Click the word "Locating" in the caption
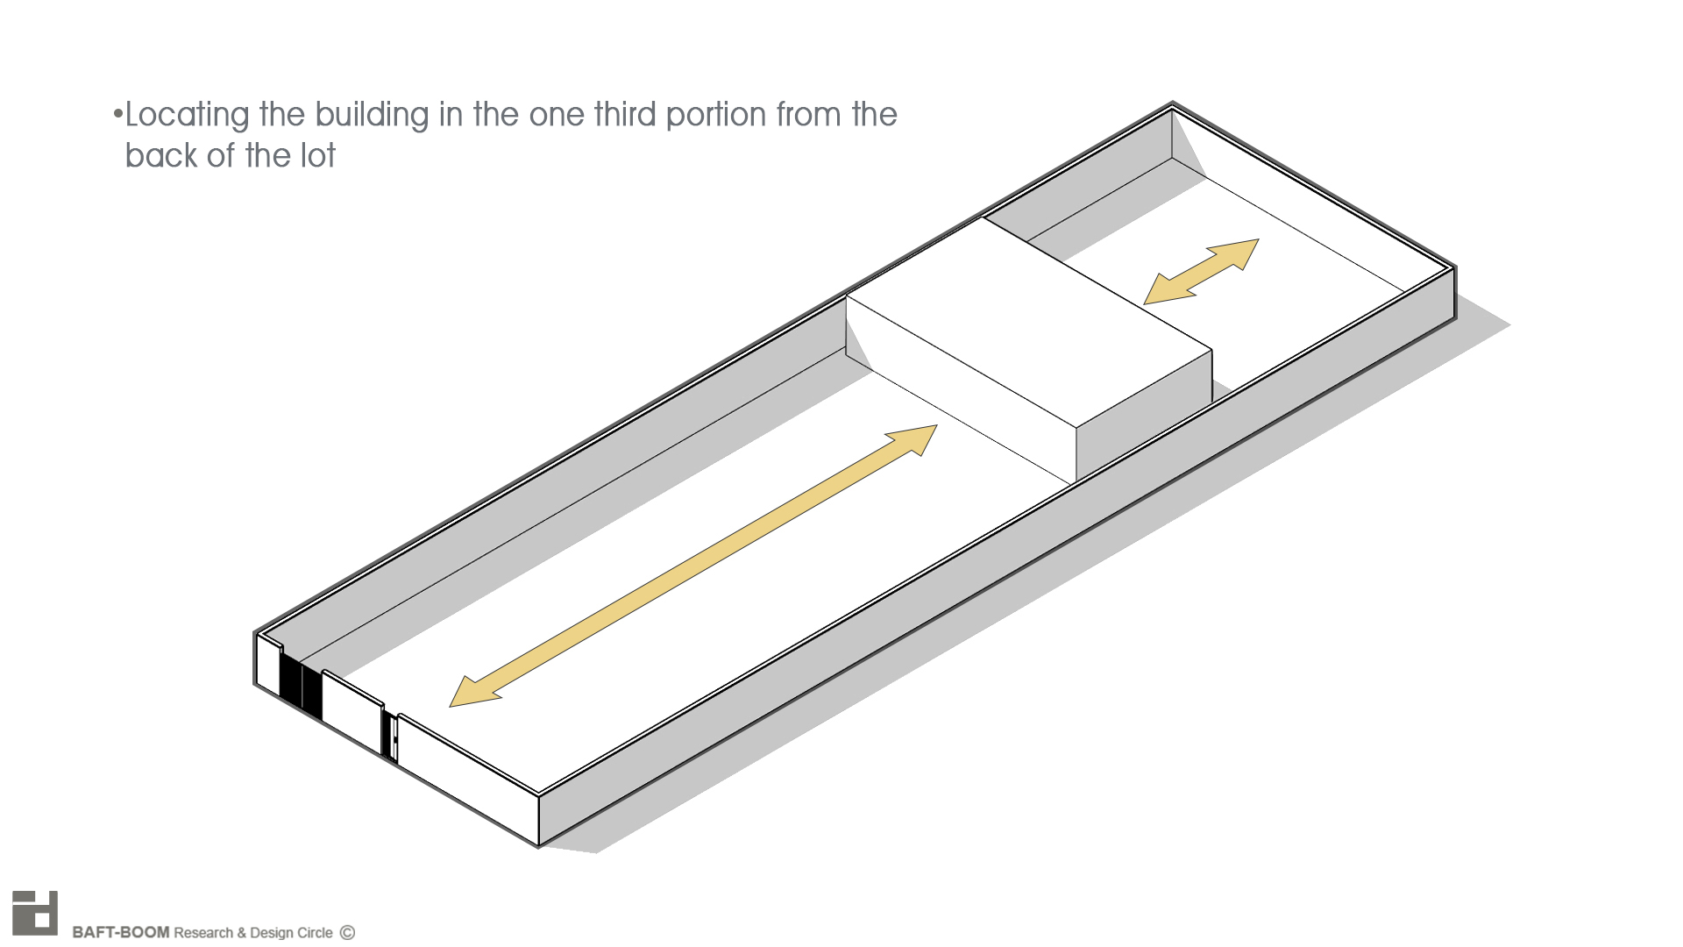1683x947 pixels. [188, 116]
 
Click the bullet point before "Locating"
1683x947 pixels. [117, 114]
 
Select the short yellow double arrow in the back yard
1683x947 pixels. [1202, 272]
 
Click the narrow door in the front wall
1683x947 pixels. [391, 737]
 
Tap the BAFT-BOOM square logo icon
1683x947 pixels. [35, 914]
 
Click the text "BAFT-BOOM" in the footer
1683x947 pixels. [120, 932]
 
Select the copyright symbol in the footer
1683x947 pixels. [347, 932]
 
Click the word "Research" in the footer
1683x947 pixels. [203, 932]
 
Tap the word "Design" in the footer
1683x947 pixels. [272, 932]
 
